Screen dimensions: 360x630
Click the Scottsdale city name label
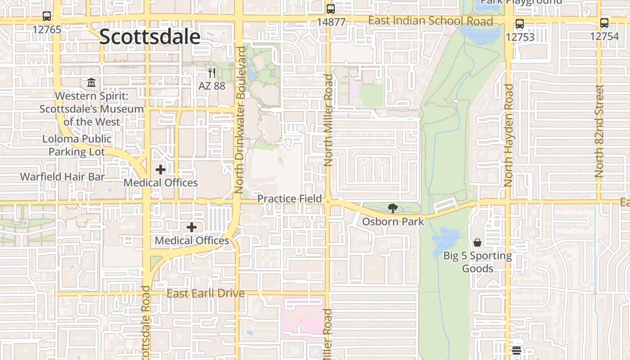pos(149,37)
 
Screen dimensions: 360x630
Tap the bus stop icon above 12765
pos(47,16)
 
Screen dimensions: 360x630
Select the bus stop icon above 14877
pos(331,9)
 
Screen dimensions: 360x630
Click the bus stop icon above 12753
pos(520,24)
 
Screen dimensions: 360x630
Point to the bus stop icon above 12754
pos(604,23)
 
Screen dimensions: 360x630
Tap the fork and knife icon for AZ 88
pos(212,72)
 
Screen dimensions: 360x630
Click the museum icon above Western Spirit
pos(91,83)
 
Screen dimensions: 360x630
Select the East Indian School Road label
pos(430,21)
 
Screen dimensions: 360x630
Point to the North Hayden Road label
pos(508,135)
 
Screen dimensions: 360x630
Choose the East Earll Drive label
pos(206,293)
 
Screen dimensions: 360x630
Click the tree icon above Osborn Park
pos(393,208)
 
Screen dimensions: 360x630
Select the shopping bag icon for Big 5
pos(477,243)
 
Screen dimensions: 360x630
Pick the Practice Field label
pos(289,198)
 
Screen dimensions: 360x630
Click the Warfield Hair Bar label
pos(62,176)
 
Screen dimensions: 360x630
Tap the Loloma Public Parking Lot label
pos(77,145)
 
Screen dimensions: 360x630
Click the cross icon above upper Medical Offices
pos(161,170)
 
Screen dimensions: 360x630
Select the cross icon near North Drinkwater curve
pos(192,227)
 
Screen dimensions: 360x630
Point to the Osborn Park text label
pos(393,221)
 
